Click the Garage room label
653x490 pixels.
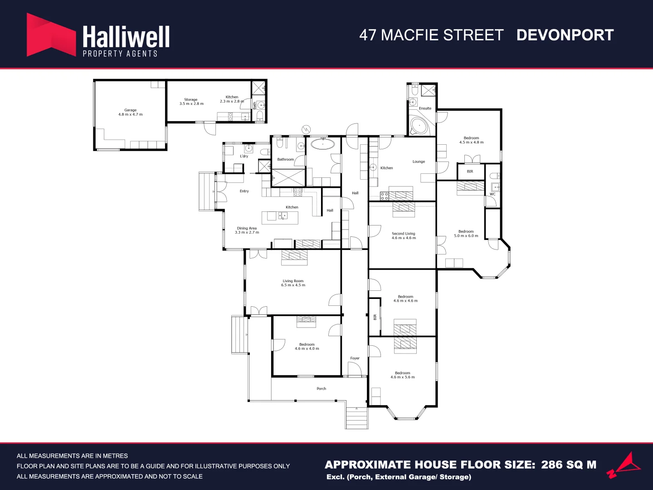131,112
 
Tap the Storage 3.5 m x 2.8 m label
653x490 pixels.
191,102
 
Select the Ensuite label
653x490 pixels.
425,108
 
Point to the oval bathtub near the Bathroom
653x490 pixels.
322,144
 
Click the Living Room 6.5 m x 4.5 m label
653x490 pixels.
293,283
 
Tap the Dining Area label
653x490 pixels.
247,230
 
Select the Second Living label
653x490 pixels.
404,235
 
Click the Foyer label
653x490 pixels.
355,358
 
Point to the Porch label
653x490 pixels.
321,388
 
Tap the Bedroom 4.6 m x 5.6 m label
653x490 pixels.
402,375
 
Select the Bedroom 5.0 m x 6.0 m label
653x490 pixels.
466,233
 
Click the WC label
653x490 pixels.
492,194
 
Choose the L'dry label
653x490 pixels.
244,156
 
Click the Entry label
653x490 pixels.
244,191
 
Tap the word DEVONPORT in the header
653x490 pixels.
565,35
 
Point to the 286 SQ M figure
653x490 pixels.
569,465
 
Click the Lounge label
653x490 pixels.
419,162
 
